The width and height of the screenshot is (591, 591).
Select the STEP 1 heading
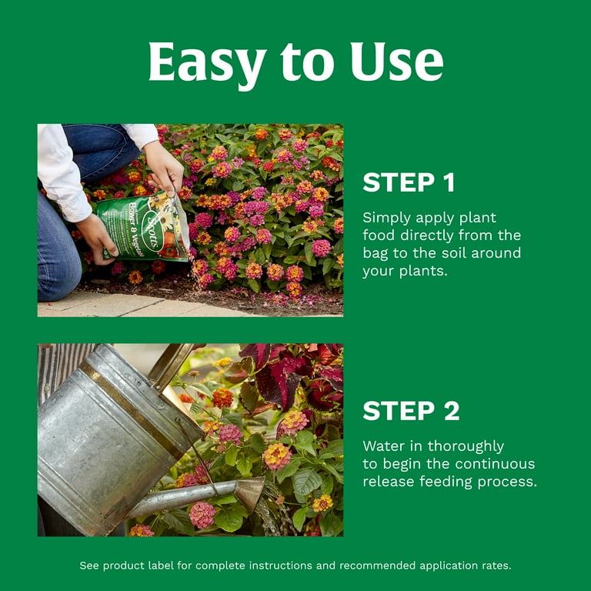coord(409,182)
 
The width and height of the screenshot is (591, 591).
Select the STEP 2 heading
coord(411,410)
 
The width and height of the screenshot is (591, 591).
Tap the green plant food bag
coord(144,227)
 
